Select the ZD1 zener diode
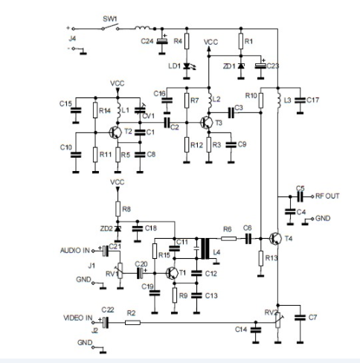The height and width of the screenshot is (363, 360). (240, 67)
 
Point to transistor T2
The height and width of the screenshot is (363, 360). (115, 132)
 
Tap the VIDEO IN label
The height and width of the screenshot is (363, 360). (77, 318)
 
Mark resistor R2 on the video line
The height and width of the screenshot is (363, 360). (132, 322)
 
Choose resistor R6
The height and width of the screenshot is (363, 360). (228, 239)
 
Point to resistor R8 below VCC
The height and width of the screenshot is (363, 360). (117, 210)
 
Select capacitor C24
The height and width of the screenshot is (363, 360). (163, 40)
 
